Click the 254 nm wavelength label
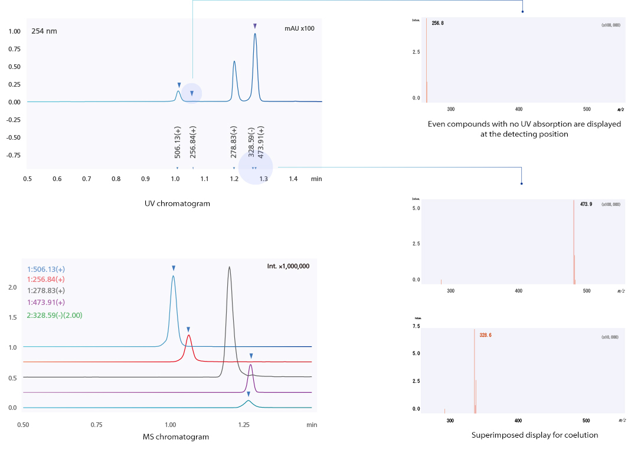pyautogui.click(x=44, y=31)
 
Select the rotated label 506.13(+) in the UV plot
pyautogui.click(x=178, y=142)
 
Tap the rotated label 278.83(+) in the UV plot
pyautogui.click(x=234, y=142)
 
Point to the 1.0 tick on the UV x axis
pyautogui.click(x=175, y=179)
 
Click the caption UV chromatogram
pyautogui.click(x=177, y=203)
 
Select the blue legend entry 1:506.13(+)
pyautogui.click(x=46, y=269)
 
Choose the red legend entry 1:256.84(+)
pyautogui.click(x=46, y=280)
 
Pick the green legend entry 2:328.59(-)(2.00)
pyautogui.click(x=55, y=315)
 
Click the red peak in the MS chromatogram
pyautogui.click(x=188, y=336)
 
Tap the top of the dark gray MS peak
pyautogui.click(x=229, y=268)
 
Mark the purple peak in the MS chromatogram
pyautogui.click(x=251, y=366)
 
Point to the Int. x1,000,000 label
pyautogui.click(x=288, y=266)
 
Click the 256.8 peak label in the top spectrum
pyautogui.click(x=437, y=23)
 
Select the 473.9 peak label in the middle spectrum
pyautogui.click(x=586, y=204)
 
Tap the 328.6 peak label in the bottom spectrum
pyautogui.click(x=485, y=334)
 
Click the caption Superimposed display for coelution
pyautogui.click(x=535, y=435)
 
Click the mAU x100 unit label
pyautogui.click(x=303, y=29)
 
